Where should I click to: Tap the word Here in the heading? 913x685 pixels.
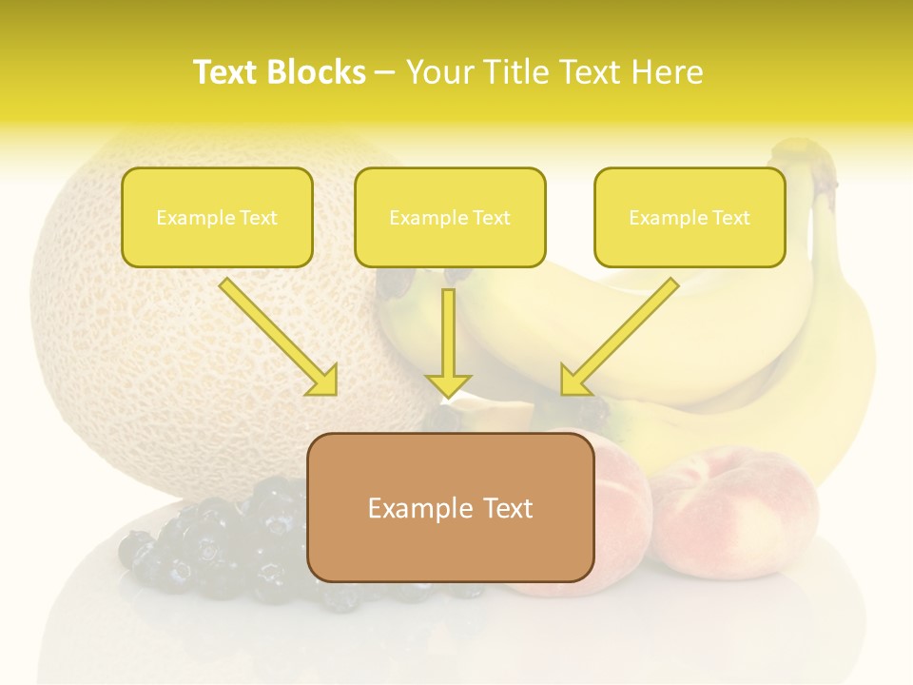[668, 72]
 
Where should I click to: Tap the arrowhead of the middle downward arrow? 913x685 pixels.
[448, 385]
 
